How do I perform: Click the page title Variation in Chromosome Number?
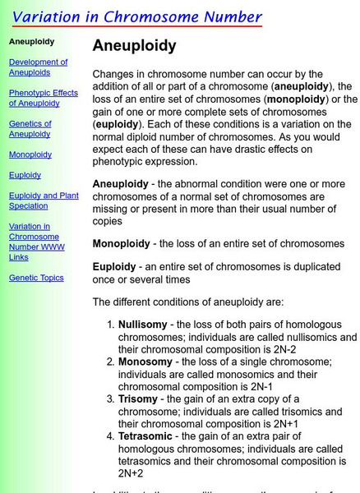tap(136, 16)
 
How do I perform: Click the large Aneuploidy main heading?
tap(134, 46)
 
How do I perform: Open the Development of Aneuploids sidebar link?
tap(38, 67)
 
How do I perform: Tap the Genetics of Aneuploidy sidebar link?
tap(30, 129)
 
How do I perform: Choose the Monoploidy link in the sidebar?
tap(30, 154)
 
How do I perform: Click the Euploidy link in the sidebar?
tap(25, 175)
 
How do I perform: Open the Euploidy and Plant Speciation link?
tap(44, 200)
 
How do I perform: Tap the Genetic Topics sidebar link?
tap(36, 278)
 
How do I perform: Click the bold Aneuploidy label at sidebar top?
tap(31, 40)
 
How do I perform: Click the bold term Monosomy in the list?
tap(145, 362)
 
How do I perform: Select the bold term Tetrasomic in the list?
tap(149, 437)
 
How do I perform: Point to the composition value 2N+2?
tap(131, 474)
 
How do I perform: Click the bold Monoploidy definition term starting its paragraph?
tap(121, 244)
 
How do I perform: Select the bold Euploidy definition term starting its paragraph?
tap(114, 267)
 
